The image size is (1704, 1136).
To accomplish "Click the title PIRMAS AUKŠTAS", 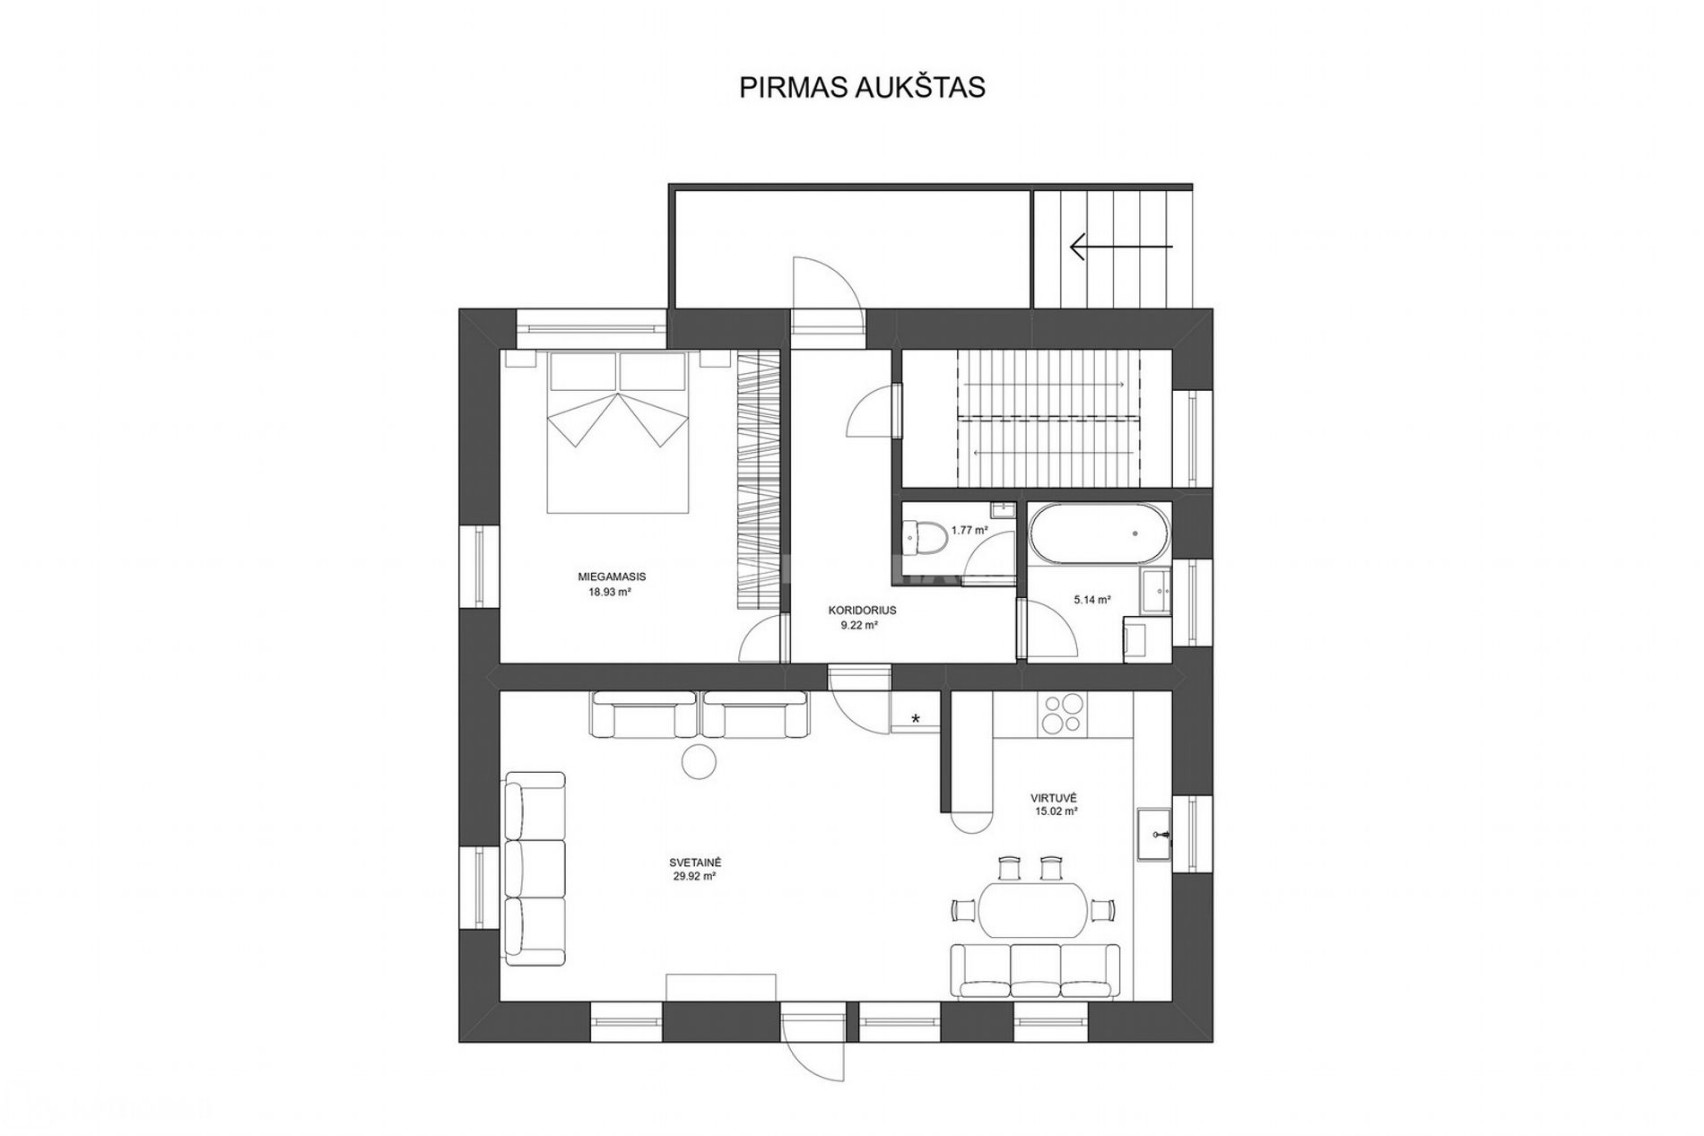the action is [862, 88].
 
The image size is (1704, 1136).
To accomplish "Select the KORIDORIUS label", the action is [862, 610].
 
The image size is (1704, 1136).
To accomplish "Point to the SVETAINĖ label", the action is [694, 862].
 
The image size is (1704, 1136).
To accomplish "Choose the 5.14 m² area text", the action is [1092, 600].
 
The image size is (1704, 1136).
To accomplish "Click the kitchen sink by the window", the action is [1155, 834].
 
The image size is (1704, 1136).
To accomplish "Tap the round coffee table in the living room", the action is [700, 762].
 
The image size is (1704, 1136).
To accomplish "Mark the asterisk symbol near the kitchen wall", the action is [916, 717].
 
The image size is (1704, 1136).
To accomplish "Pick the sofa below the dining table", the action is [1035, 971].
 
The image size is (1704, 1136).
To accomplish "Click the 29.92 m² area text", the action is [694, 878].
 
